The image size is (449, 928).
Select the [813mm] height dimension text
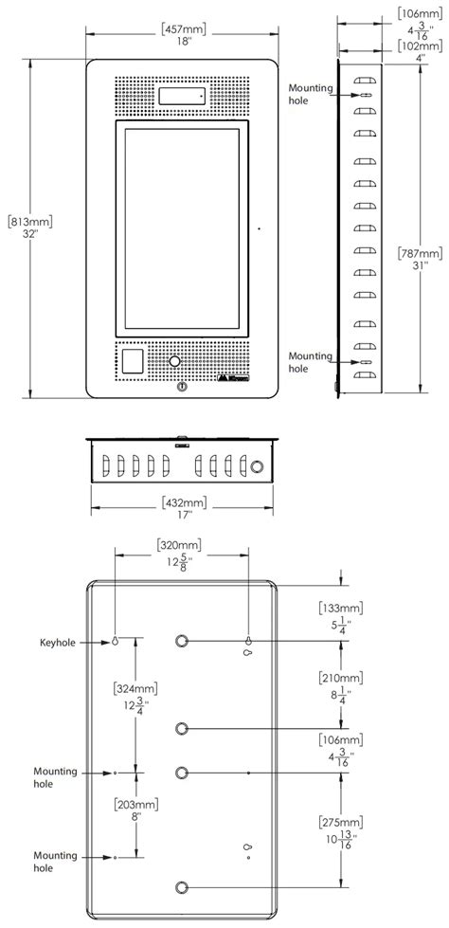coord(29,221)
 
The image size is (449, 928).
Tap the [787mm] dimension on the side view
coord(417,253)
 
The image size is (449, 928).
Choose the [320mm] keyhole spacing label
coord(181,545)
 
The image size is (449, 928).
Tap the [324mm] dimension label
coord(135,688)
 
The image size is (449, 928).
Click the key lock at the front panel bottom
coord(182,387)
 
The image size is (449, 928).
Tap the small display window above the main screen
coord(183,96)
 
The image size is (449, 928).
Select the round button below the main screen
coord(174,361)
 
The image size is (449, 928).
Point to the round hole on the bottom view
coord(257,465)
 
